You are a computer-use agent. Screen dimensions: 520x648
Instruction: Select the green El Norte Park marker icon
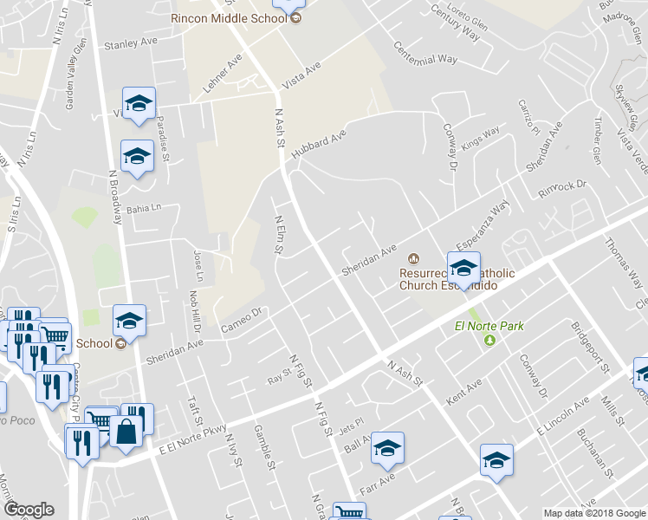tap(489, 340)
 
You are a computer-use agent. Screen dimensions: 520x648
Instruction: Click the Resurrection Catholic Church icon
tap(413, 258)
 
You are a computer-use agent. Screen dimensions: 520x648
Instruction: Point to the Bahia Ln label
tap(144, 208)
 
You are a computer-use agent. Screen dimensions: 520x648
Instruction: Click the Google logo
tap(29, 510)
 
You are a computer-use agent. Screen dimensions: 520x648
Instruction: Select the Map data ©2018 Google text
tap(593, 513)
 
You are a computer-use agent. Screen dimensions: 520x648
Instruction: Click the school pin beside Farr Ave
tap(387, 447)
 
